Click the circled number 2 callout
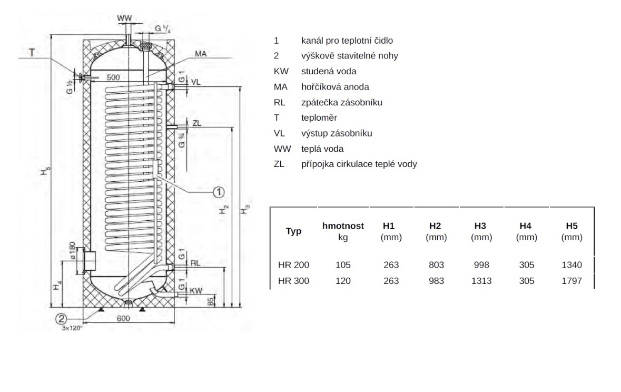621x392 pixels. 62,318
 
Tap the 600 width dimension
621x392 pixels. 123,318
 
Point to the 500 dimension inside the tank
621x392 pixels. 113,77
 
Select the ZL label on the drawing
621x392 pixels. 197,123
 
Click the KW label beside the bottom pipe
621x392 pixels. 195,290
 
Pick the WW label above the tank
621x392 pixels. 124,18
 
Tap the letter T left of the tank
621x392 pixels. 32,52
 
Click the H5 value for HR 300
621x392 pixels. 571,281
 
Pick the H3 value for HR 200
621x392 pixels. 481,264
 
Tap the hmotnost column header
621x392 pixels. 343,226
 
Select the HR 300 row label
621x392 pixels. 293,281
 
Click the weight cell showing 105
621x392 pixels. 343,264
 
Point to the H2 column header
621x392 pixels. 435,226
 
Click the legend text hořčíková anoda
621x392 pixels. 335,87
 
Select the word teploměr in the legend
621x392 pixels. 319,117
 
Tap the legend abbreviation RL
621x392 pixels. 279,102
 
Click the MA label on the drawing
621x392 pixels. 200,54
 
